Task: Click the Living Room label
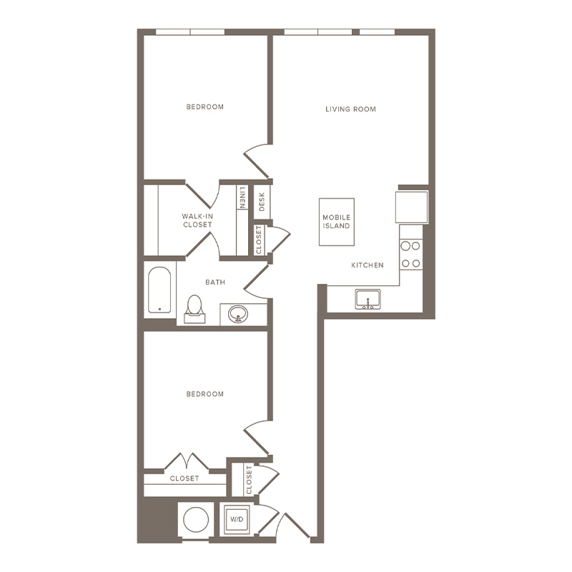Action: [350, 109]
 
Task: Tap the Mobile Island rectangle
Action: [337, 222]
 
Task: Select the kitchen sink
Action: [368, 300]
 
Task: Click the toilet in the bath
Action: [194, 310]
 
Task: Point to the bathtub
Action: [159, 290]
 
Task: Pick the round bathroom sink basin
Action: [238, 314]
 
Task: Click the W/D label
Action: [237, 520]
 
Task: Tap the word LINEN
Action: [242, 197]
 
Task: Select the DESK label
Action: [262, 202]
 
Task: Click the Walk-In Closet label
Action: [197, 220]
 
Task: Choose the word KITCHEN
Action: [368, 265]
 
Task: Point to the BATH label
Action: [215, 282]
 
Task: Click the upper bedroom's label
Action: [204, 107]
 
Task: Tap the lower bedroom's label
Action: [204, 394]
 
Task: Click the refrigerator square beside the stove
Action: [412, 207]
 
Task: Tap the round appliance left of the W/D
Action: [196, 520]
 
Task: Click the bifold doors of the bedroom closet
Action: [187, 460]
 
